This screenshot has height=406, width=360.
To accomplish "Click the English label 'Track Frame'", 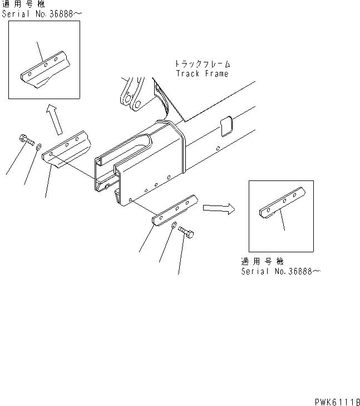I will click(202, 74).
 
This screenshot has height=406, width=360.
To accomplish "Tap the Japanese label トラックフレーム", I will click(202, 65).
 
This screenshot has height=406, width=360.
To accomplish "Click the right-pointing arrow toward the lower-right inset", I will click(218, 208).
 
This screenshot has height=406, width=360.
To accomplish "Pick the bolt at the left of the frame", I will click(26, 140).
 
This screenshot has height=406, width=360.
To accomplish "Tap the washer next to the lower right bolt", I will click(174, 225).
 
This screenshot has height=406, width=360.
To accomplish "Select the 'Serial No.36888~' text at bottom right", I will click(281, 271).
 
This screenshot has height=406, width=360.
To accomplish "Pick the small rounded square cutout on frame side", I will click(225, 126).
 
